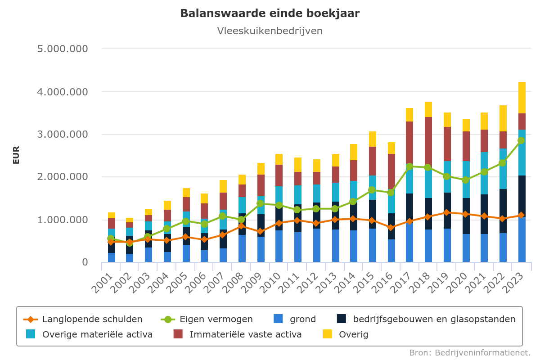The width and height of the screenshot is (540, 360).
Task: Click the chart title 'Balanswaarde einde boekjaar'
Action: coord(270,13)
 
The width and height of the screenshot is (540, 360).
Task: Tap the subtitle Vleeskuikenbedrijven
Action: coord(270,31)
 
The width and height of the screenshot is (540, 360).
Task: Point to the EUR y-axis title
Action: coord(16,155)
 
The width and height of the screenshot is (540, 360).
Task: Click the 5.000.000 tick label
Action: coord(63,49)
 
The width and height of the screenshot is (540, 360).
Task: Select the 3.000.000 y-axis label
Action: coord(63,134)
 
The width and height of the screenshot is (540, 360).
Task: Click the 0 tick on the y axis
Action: coord(85,262)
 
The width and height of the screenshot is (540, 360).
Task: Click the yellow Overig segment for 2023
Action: coord(522,98)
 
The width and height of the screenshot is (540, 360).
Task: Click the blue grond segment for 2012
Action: coord(317,245)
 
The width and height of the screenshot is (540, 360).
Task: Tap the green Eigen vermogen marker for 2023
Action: coord(521,140)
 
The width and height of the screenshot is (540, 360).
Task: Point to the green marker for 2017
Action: coord(409,166)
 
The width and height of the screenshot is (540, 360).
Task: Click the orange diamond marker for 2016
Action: coord(391,227)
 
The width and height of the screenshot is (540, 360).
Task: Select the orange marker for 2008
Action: coord(242,226)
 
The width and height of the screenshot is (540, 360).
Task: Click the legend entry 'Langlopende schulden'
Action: coord(83,319)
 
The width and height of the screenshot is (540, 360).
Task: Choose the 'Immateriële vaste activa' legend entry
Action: coord(238,335)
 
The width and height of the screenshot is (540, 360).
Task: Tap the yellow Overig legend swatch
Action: coord(327,334)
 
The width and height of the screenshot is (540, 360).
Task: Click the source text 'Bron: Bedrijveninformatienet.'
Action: coord(470,353)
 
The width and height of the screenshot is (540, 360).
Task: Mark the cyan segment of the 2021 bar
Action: coord(484,173)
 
